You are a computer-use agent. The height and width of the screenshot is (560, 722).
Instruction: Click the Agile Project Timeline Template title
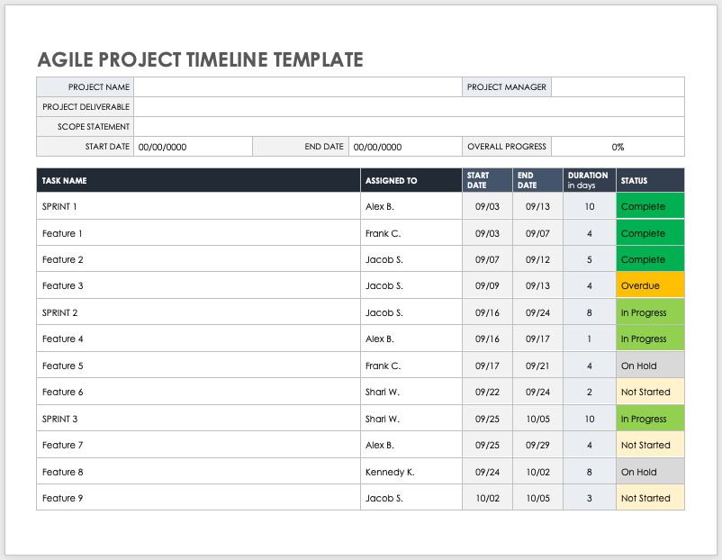pyautogui.click(x=200, y=60)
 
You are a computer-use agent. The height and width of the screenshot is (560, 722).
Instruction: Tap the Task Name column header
pyautogui.click(x=64, y=181)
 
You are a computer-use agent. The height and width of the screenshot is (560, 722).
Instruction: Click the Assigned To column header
pyautogui.click(x=391, y=181)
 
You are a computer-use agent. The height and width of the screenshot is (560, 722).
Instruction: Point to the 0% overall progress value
pyautogui.click(x=618, y=147)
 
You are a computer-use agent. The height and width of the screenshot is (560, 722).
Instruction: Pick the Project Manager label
pyautogui.click(x=506, y=87)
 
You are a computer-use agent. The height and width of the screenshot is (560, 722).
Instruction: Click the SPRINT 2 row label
pyautogui.click(x=59, y=312)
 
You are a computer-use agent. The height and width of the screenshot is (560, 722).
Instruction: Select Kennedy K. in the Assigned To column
pyautogui.click(x=390, y=472)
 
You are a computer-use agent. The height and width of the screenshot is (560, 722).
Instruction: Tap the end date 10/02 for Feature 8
pyautogui.click(x=537, y=472)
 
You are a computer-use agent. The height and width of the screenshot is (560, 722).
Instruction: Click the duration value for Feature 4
pyautogui.click(x=589, y=339)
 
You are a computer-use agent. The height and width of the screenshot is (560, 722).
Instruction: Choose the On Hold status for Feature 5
pyautogui.click(x=639, y=366)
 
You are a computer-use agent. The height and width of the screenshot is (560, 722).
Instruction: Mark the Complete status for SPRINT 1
pyautogui.click(x=643, y=207)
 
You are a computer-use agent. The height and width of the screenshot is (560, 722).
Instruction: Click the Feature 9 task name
pyautogui.click(x=63, y=498)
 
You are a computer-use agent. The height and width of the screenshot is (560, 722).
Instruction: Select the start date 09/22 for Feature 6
pyautogui.click(x=487, y=392)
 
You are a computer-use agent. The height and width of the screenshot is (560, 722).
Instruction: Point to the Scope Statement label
pyautogui.click(x=94, y=127)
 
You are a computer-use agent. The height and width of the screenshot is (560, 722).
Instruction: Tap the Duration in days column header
pyautogui.click(x=587, y=180)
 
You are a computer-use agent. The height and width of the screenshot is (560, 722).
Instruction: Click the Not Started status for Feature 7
pyautogui.click(x=645, y=445)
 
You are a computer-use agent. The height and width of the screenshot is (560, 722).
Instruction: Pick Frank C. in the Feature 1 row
pyautogui.click(x=383, y=233)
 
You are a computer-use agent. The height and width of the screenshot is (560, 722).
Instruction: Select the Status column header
pyautogui.click(x=634, y=181)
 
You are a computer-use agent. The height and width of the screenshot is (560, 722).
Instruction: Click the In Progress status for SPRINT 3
pyautogui.click(x=644, y=419)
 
